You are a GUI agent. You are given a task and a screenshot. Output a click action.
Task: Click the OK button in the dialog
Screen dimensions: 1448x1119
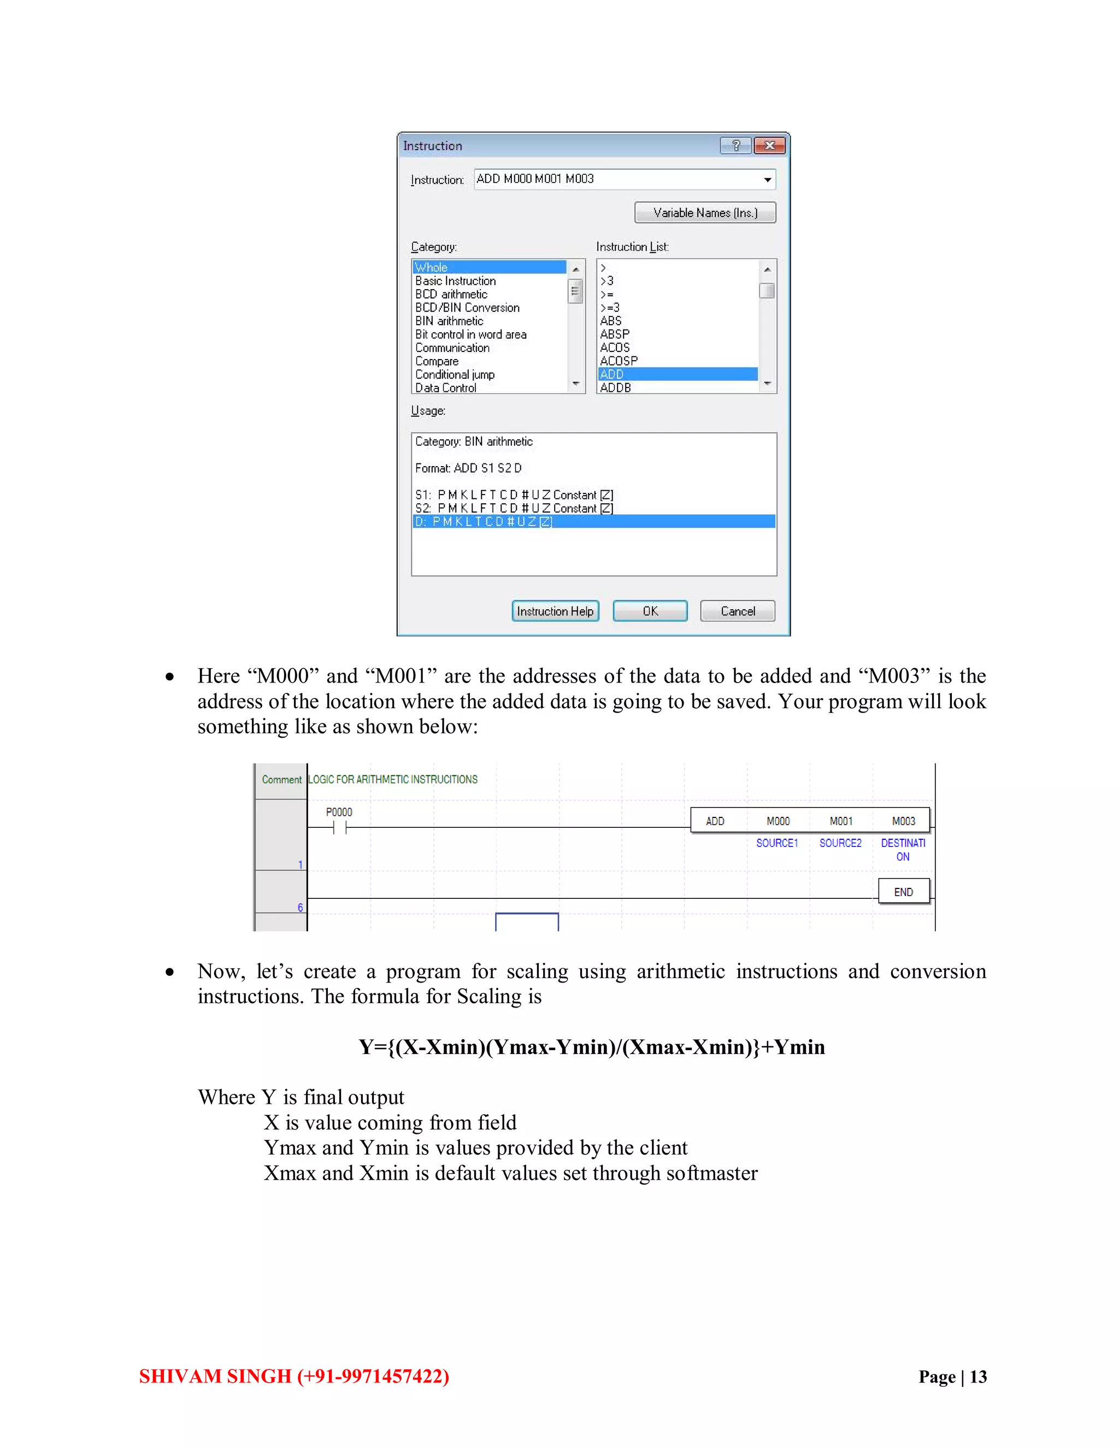(650, 611)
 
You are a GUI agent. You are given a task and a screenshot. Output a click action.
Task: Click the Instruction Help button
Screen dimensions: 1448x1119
(555, 611)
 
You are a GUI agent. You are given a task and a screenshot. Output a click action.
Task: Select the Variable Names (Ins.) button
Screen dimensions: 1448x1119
(705, 212)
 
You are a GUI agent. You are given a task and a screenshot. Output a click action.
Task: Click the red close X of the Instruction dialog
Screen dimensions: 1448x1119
(769, 145)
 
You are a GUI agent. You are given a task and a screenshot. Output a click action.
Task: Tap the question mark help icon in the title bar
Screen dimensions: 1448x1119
(736, 145)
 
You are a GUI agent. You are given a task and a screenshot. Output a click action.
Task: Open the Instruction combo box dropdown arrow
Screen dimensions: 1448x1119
(767, 180)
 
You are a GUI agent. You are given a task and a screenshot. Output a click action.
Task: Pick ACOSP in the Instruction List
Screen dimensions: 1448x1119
(619, 361)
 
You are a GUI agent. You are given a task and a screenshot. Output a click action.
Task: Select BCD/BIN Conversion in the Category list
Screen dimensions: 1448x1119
(467, 308)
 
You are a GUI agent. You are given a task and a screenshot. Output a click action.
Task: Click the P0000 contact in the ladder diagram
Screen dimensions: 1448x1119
(339, 827)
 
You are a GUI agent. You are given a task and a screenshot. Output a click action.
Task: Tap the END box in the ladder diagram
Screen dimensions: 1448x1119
(903, 892)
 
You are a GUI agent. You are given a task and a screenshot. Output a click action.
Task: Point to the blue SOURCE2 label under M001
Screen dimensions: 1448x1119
(840, 843)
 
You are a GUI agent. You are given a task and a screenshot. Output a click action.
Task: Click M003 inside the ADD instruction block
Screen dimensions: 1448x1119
(903, 821)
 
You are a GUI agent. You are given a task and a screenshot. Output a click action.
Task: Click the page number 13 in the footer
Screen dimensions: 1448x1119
(978, 1376)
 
